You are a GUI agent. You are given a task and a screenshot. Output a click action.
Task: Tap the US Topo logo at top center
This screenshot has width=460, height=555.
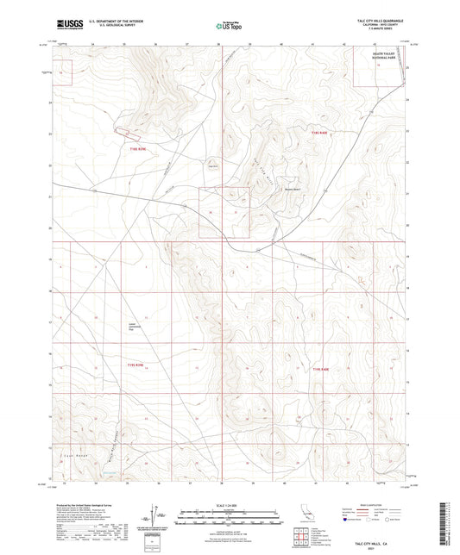[226, 27]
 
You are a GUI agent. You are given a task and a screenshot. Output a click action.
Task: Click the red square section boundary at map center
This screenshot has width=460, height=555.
[224, 212]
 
